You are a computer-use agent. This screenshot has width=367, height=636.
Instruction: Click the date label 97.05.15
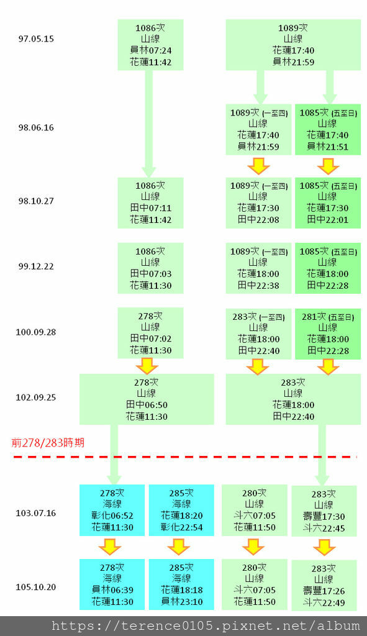pyautogui.click(x=36, y=39)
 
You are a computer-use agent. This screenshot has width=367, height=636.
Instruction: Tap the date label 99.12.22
pyautogui.click(x=36, y=266)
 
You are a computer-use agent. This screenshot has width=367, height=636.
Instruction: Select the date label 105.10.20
pyautogui.click(x=36, y=587)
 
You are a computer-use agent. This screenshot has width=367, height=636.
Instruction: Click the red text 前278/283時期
pyautogui.click(x=48, y=443)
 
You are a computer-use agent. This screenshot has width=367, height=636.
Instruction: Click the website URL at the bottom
pyautogui.click(x=205, y=625)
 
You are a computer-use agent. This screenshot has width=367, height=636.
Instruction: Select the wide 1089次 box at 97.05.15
pyautogui.click(x=293, y=45)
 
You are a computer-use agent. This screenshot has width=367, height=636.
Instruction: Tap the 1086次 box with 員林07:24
pyautogui.click(x=150, y=45)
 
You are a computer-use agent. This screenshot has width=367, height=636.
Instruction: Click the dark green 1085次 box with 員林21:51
pyautogui.click(x=327, y=129)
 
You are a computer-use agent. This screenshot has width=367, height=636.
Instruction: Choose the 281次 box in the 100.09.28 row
pyautogui.click(x=327, y=334)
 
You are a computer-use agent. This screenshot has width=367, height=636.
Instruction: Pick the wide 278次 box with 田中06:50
pyautogui.click(x=147, y=399)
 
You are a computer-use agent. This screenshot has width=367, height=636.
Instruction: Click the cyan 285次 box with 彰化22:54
pyautogui.click(x=181, y=510)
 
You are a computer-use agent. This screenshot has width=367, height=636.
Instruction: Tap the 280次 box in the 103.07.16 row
pyautogui.click(x=255, y=510)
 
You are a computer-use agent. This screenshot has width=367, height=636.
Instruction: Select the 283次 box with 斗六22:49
pyautogui.click(x=324, y=585)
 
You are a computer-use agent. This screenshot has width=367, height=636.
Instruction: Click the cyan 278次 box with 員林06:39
pyautogui.click(x=112, y=584)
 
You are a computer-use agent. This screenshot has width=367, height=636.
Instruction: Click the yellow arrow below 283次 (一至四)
pyautogui.click(x=258, y=366)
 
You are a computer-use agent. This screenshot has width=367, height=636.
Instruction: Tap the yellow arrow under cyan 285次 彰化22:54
pyautogui.click(x=179, y=547)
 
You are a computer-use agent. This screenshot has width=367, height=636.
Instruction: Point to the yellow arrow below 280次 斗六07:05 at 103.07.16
pyautogui.click(x=253, y=547)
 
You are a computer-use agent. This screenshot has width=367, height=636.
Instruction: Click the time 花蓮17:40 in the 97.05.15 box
pyautogui.click(x=293, y=50)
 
